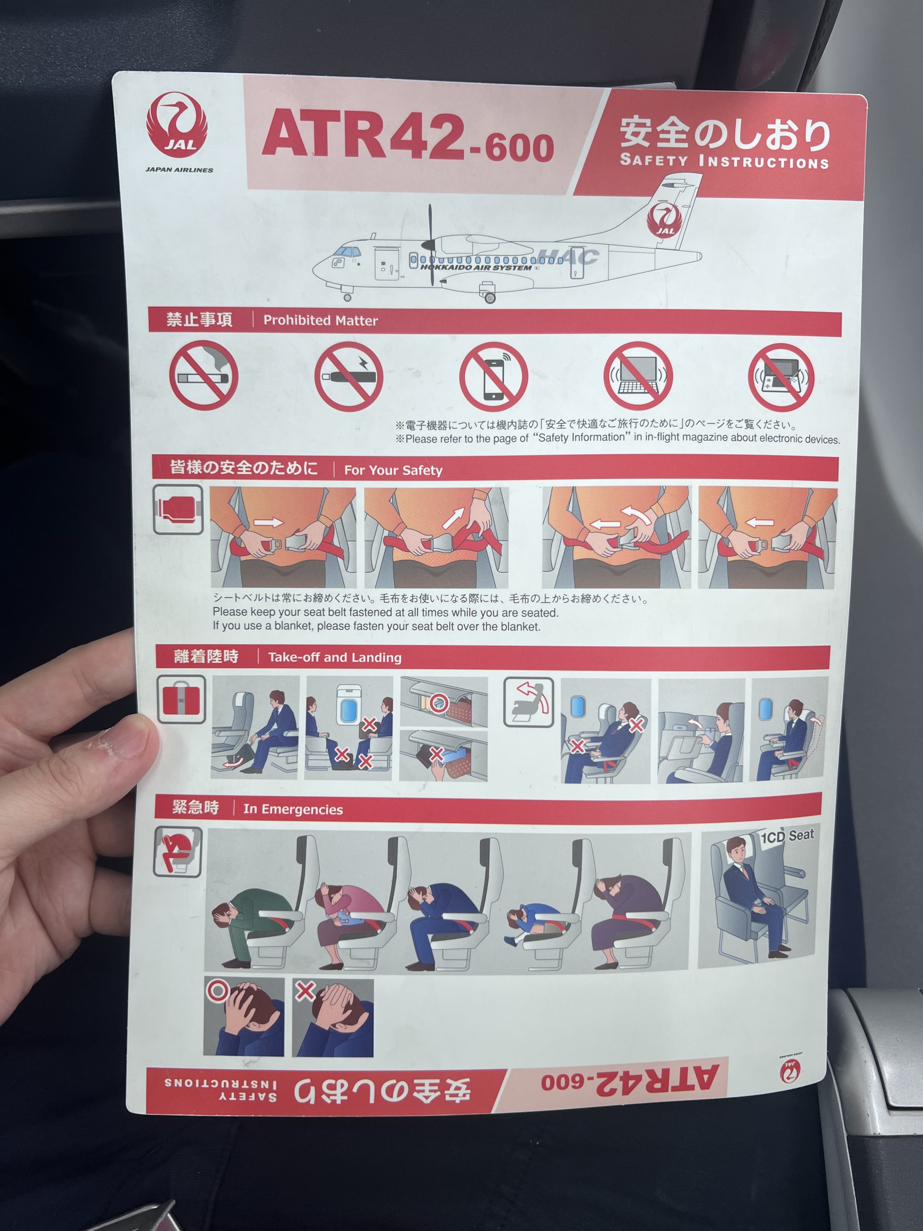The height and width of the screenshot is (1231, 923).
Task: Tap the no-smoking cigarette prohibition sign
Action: (203, 376)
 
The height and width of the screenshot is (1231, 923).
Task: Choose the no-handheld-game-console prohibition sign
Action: (781, 377)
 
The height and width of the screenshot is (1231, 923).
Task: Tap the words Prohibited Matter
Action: (320, 320)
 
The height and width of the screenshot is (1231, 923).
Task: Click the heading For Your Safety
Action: (394, 470)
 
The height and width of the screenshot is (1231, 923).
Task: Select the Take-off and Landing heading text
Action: (335, 657)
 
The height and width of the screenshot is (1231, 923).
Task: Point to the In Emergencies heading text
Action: (293, 809)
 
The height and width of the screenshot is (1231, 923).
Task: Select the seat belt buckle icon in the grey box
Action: (178, 509)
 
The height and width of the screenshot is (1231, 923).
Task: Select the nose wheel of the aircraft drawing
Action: (348, 298)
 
